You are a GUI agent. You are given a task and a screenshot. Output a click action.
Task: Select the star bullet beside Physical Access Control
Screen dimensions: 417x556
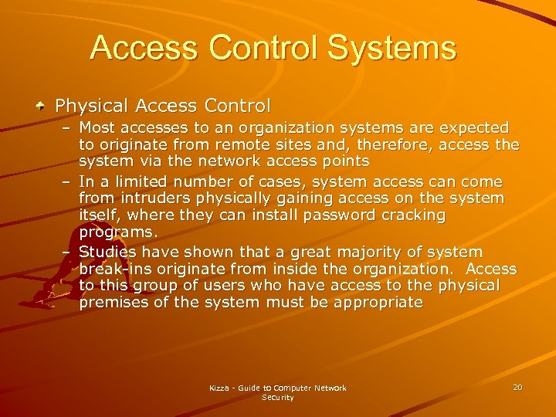point(41,106)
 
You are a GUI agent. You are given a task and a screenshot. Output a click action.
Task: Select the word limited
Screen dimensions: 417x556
point(139,182)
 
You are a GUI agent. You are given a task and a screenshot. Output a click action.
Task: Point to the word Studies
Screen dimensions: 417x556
point(108,253)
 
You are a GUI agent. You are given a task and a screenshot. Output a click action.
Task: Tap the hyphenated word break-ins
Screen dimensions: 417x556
point(113,270)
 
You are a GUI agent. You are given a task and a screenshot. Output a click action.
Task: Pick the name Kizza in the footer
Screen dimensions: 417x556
point(220,388)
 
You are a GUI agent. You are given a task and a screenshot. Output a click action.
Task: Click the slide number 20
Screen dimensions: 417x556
point(517,386)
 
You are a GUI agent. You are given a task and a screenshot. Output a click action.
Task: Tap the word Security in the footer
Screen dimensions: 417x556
point(278,397)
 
